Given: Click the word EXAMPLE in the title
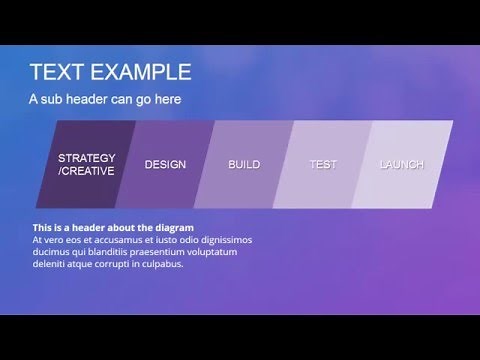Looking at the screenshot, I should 139,72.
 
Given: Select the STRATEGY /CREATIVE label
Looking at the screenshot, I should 87,164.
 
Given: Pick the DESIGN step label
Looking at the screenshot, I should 165,164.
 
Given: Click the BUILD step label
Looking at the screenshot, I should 244,164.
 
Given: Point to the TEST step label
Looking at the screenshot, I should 323,164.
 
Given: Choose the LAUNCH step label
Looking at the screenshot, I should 401,164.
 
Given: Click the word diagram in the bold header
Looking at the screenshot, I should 171,228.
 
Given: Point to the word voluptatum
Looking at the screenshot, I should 213,252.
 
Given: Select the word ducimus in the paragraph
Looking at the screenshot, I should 50,252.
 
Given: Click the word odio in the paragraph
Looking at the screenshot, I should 186,240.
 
